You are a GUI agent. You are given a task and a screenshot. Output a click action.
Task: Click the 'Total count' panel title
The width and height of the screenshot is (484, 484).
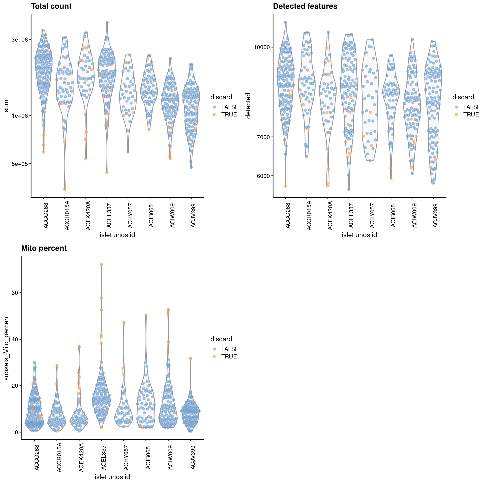[51, 6]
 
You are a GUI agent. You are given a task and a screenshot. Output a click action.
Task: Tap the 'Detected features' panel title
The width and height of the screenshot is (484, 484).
[305, 6]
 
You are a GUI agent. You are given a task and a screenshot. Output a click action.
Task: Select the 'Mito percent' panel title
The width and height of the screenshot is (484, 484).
[44, 248]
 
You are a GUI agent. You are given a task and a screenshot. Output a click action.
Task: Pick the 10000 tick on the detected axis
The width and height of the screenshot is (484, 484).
[262, 47]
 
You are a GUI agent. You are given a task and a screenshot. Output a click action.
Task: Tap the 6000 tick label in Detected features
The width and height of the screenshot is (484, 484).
[263, 176]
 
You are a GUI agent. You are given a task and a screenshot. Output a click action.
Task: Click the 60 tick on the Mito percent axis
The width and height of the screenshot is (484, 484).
[15, 293]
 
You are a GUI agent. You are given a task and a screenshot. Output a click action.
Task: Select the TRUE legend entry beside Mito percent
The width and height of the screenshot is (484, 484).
[229, 356]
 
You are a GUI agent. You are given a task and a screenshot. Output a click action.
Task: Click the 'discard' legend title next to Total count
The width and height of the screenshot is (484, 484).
[221, 97]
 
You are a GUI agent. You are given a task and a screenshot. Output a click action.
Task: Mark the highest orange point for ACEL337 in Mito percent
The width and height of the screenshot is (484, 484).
[102, 264]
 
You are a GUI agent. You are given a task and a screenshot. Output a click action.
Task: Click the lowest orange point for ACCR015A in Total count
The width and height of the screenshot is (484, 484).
[65, 189]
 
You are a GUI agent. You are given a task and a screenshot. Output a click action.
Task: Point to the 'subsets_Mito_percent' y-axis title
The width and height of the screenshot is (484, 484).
[7, 348]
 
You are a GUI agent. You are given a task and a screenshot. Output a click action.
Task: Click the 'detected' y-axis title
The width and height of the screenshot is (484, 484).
[248, 106]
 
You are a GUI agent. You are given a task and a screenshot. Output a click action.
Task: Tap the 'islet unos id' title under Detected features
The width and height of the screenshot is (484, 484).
[359, 235]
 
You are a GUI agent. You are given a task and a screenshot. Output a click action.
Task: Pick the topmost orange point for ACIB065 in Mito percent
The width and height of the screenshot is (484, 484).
[146, 315]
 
